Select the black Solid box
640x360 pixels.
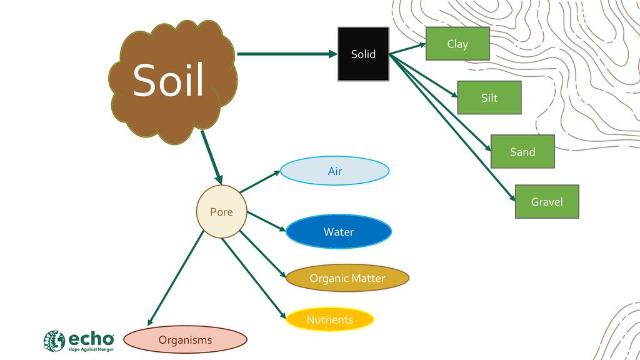[363, 54]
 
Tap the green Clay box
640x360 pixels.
[457, 44]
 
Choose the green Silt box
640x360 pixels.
[489, 97]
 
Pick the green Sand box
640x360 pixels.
[522, 152]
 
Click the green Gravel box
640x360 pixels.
[547, 202]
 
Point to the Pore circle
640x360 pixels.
[221, 212]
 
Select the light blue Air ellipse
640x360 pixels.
[334, 171]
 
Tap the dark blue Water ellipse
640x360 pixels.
[338, 232]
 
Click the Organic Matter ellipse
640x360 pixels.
[347, 278]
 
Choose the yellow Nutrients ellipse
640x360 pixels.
[329, 319]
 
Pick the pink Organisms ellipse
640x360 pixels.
[185, 340]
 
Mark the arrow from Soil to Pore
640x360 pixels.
[211, 156]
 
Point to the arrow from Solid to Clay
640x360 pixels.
[407, 49]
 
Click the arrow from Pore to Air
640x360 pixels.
[260, 181]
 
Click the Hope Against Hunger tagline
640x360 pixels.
[91, 349]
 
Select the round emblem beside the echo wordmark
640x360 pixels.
[54, 341]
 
